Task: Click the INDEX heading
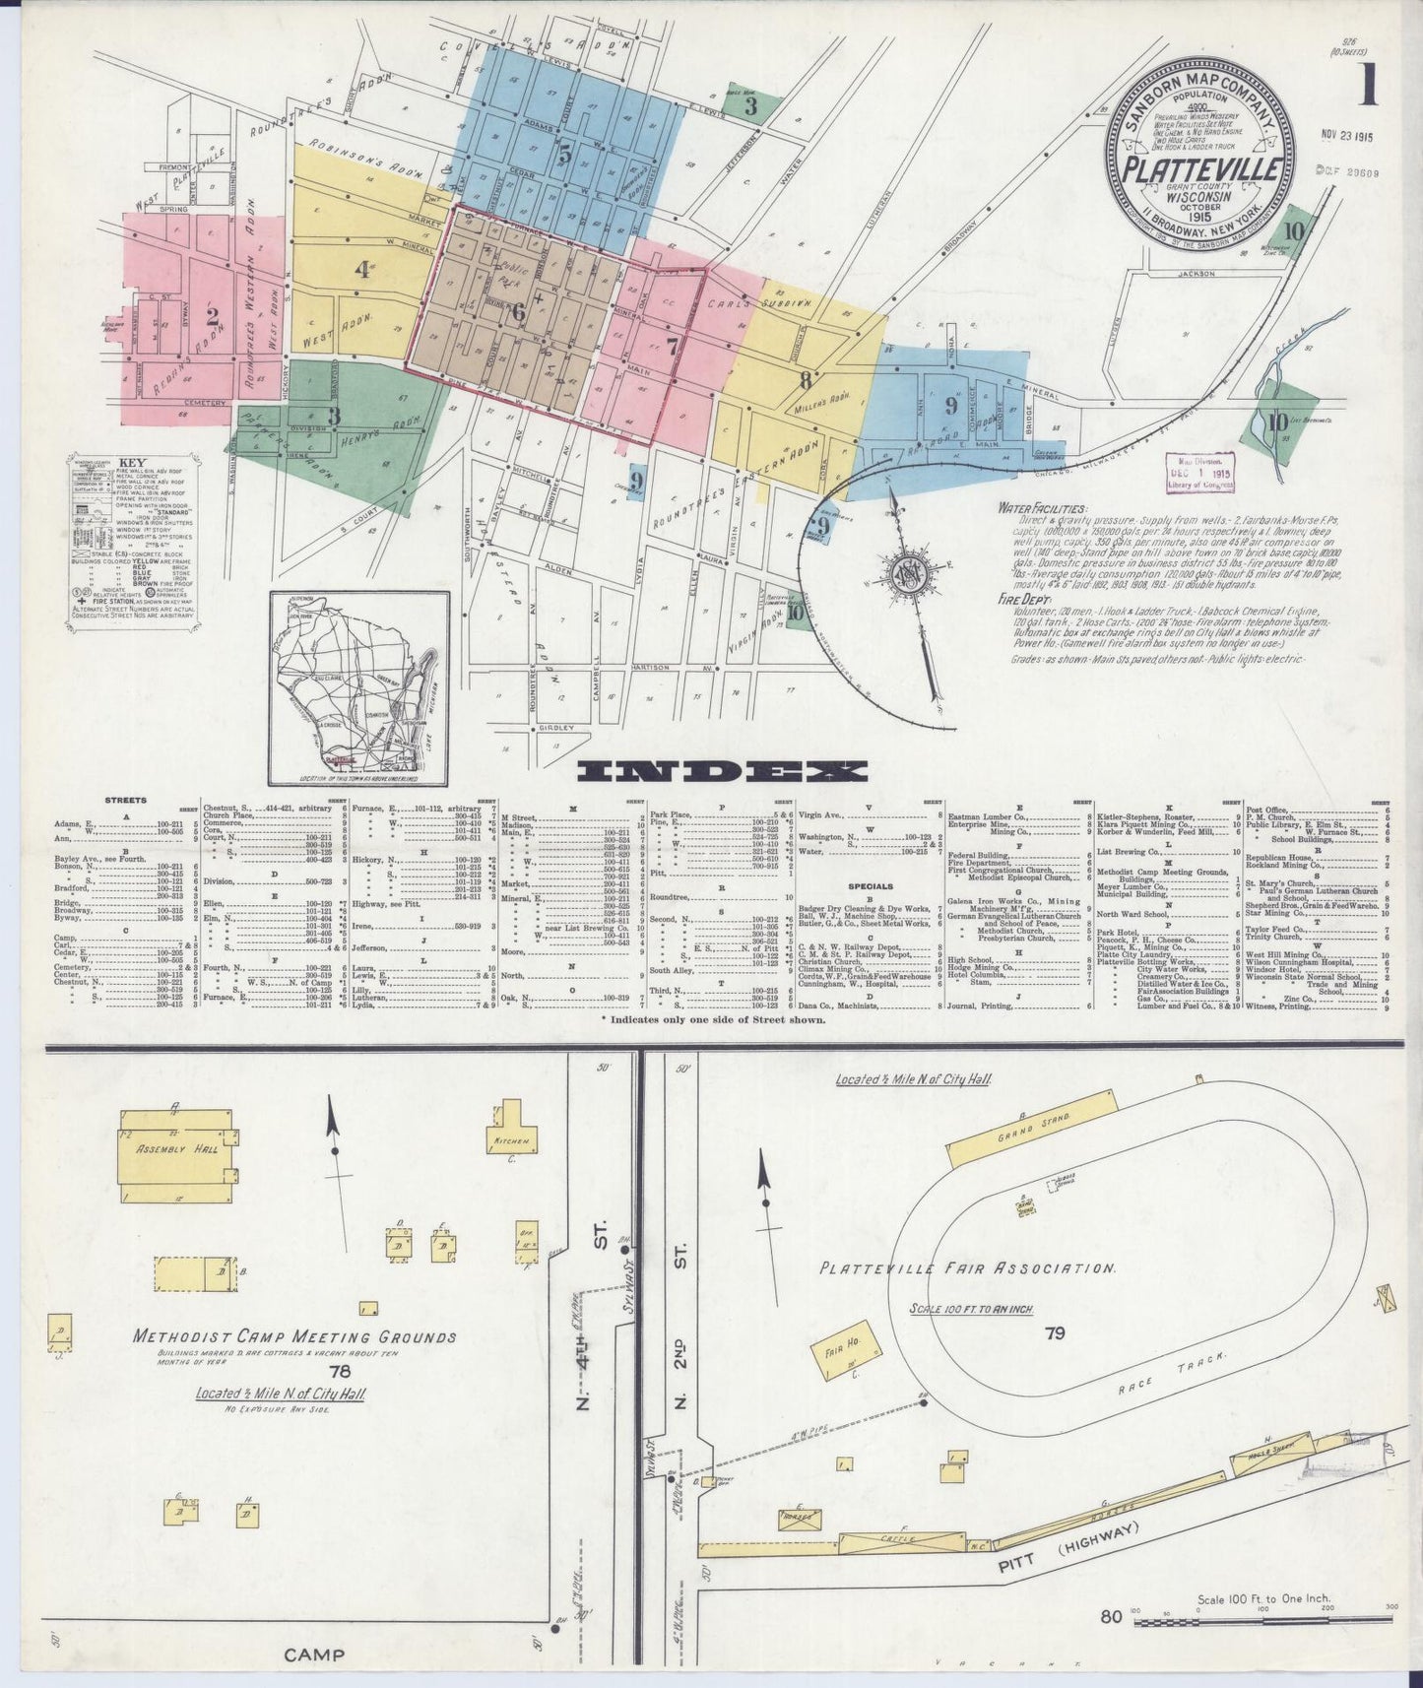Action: [x=722, y=771]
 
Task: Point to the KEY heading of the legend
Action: [x=131, y=462]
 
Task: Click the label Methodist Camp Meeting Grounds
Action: [x=294, y=1336]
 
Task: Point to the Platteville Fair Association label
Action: [x=966, y=1268]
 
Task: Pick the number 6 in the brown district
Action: [x=518, y=312]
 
